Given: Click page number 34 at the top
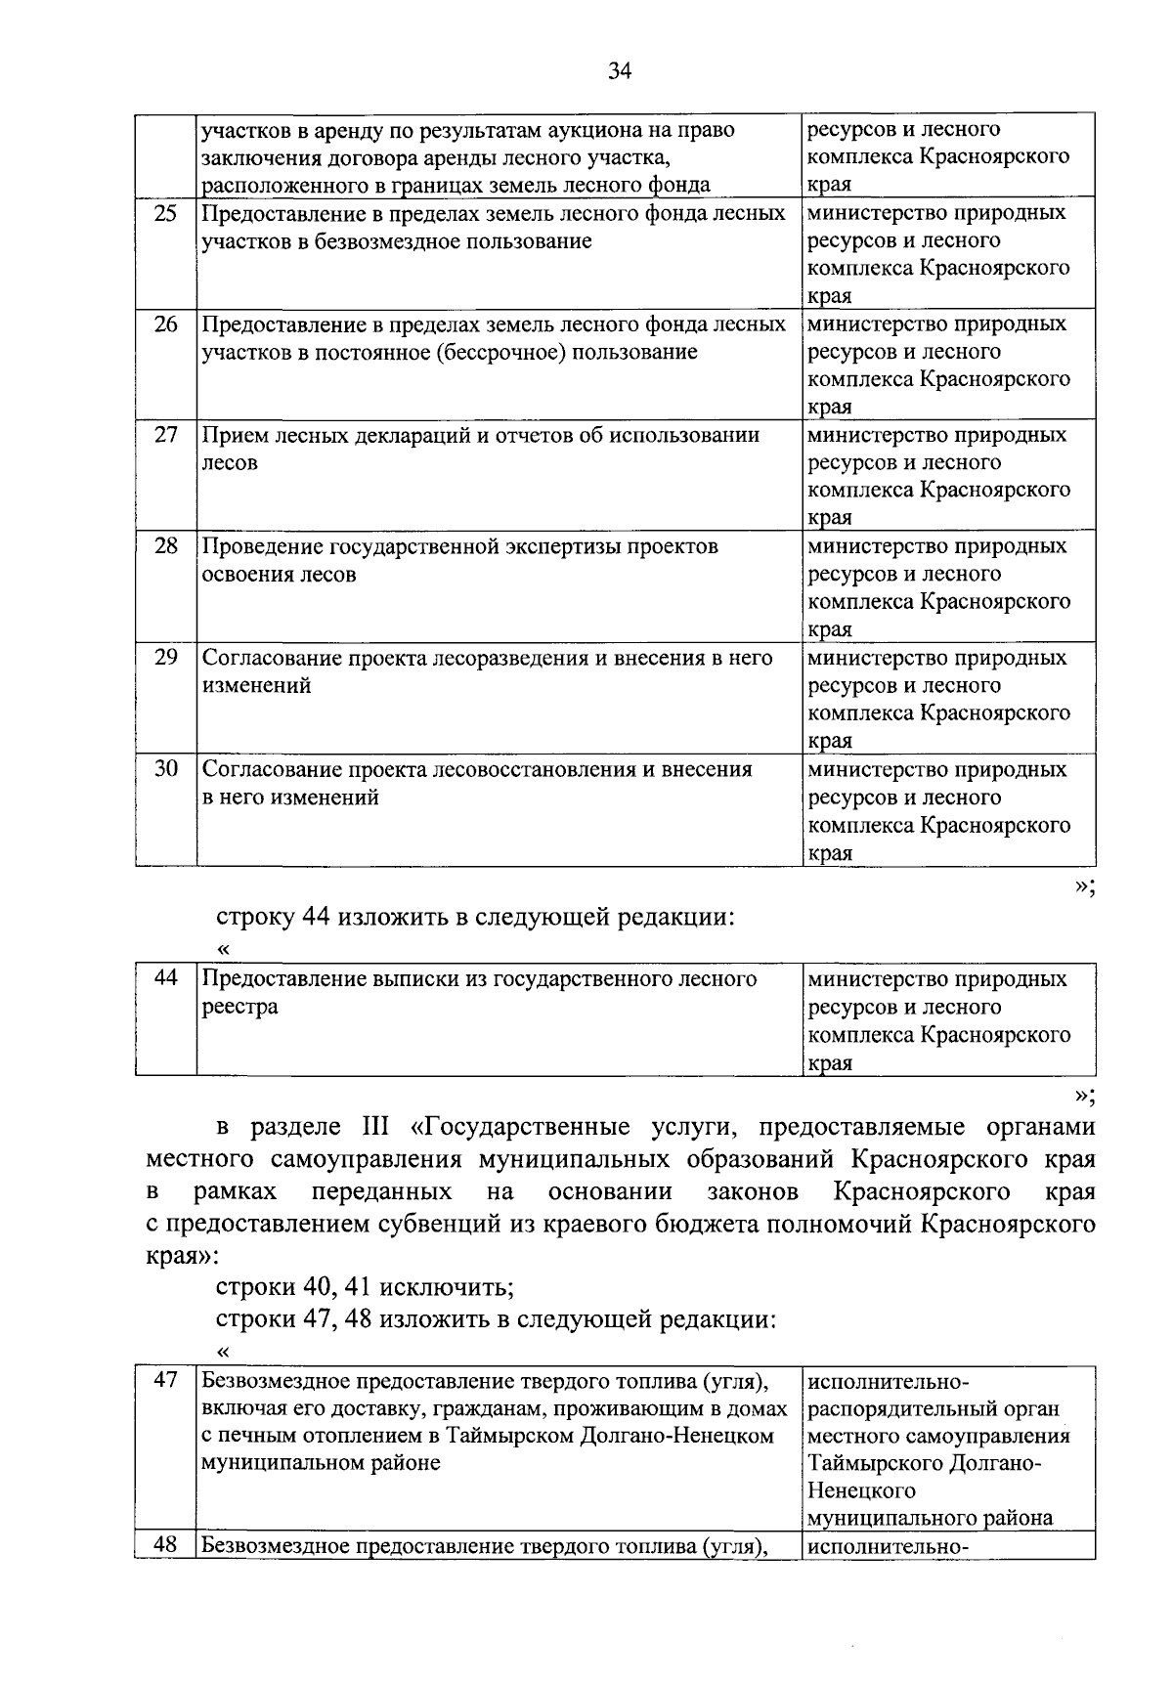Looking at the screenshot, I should tap(620, 70).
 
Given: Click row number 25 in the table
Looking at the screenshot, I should tap(166, 213).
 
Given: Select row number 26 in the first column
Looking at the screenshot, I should tap(166, 324).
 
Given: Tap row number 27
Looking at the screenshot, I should tap(166, 435).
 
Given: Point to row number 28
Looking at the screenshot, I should tap(166, 546).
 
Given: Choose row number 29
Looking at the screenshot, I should tap(166, 658).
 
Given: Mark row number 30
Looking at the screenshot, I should tap(166, 769).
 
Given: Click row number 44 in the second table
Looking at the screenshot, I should tap(166, 978).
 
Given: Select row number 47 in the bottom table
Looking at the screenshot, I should tap(166, 1380).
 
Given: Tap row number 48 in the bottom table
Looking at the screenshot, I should tap(166, 1546).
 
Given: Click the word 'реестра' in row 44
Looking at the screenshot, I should tap(239, 1007).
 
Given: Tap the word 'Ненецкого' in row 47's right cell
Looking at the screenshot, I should tap(861, 1491).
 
